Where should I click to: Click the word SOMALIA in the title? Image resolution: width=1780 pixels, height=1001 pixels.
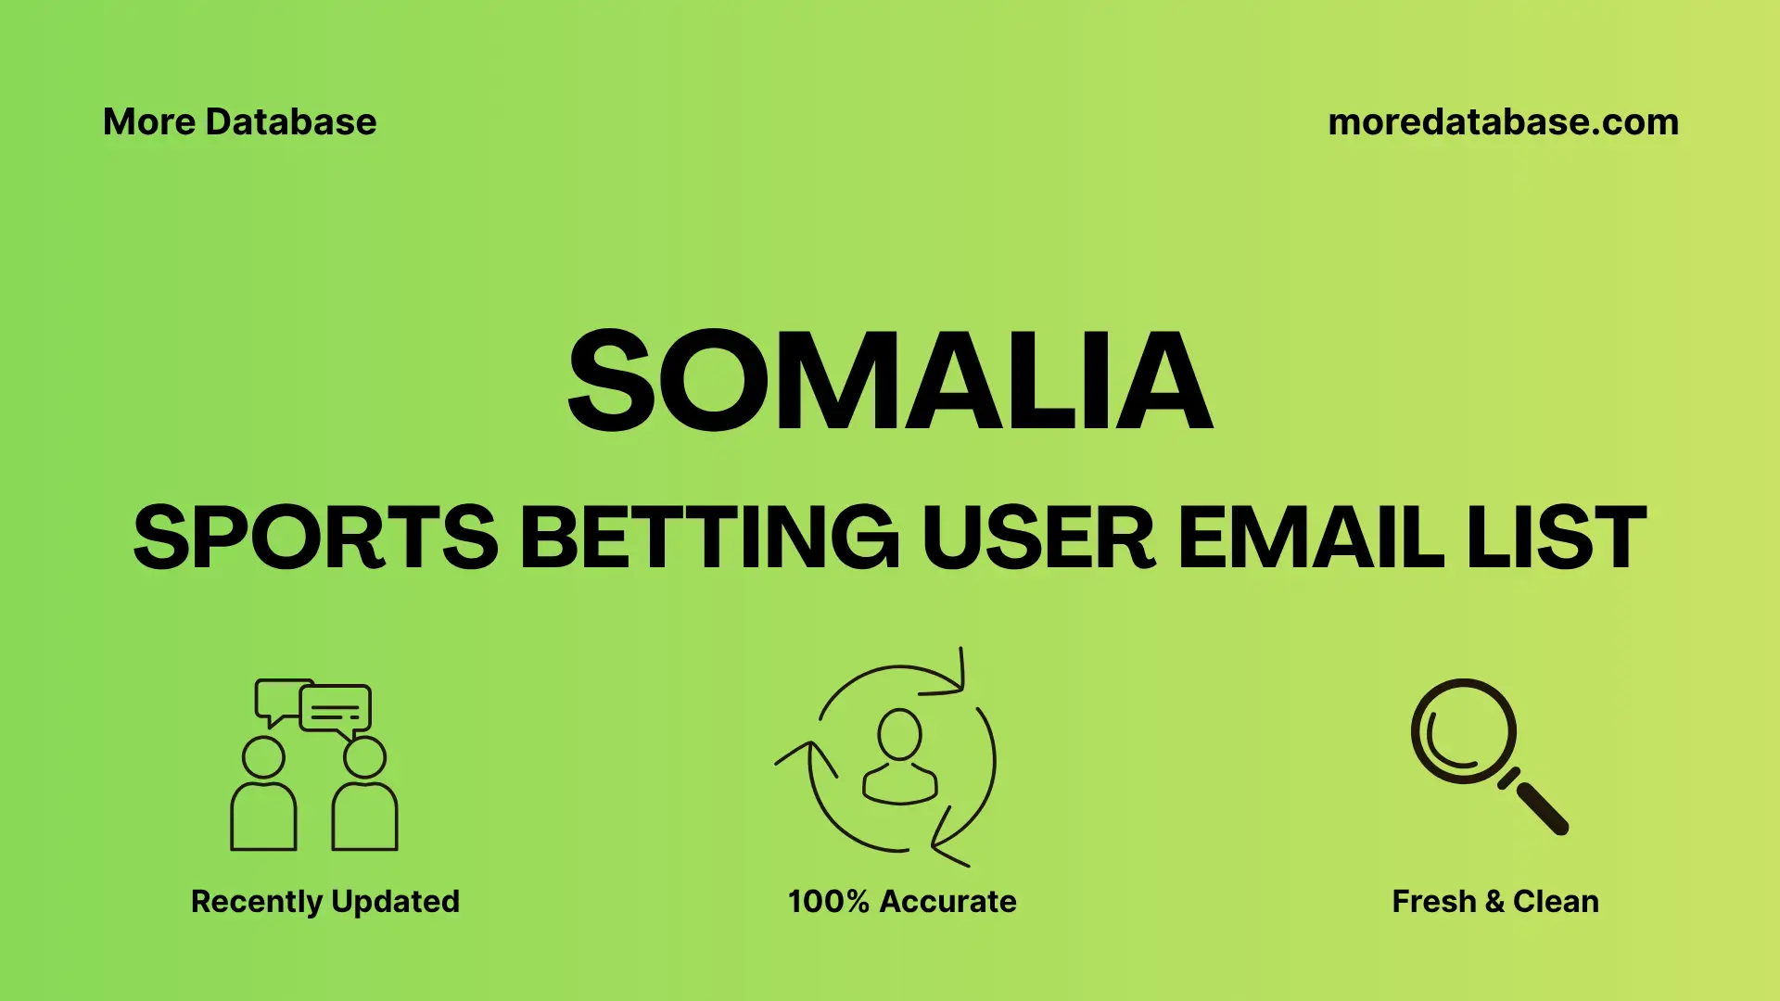890,382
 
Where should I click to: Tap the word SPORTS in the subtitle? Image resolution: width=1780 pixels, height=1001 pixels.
316,538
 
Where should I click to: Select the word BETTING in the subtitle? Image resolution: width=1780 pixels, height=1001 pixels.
709,538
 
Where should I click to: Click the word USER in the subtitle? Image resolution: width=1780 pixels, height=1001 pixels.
1038,538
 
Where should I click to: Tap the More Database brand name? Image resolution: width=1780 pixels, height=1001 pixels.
239,121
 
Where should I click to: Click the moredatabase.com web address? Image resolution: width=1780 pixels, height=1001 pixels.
1503,121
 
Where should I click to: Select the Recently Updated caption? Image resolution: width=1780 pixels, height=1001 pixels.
324,901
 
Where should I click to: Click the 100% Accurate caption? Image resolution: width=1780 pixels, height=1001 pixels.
902,901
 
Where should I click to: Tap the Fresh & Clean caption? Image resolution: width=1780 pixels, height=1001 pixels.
1494,901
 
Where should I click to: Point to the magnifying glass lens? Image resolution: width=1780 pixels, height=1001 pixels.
1463,732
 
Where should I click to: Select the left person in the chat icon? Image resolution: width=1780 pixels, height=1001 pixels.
263,797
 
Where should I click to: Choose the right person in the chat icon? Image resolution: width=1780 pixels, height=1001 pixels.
364,797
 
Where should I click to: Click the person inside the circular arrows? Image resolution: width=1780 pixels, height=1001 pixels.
899,758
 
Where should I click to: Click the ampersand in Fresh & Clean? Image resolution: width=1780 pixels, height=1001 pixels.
1494,901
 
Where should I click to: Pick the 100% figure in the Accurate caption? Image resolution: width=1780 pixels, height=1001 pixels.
828,901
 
